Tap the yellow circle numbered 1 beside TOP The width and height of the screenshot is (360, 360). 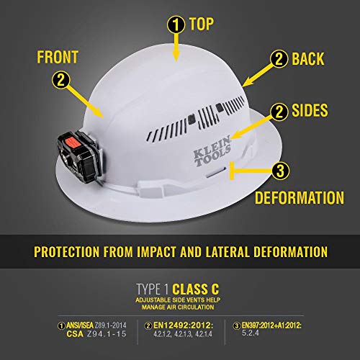coord(175,24)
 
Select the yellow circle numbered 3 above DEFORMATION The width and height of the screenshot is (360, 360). coord(279,171)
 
